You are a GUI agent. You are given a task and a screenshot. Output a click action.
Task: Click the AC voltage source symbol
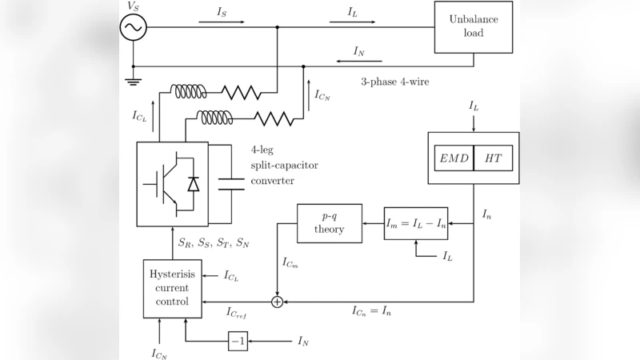coord(133,27)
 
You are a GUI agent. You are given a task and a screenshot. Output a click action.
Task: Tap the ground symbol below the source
coord(133,81)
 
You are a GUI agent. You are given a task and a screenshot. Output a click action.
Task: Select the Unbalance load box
coord(473,27)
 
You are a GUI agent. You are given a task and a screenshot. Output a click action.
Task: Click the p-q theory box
coord(329,223)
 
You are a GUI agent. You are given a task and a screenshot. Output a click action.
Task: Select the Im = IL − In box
coord(415,223)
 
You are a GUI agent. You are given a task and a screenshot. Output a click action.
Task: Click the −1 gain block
coord(238,341)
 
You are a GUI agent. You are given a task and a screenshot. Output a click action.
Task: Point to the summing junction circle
coord(278,302)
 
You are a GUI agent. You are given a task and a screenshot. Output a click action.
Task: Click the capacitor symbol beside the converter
coord(231,183)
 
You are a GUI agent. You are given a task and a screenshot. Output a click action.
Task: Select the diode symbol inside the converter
coord(192,184)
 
